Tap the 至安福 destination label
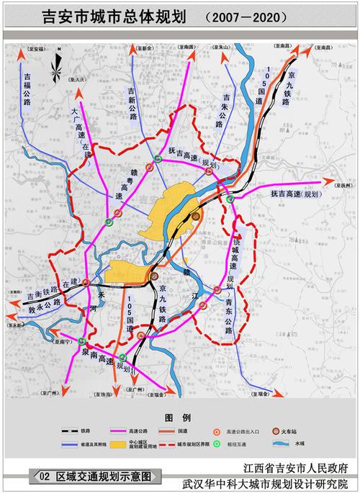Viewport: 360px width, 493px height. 36,49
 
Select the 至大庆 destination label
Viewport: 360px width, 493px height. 77,78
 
